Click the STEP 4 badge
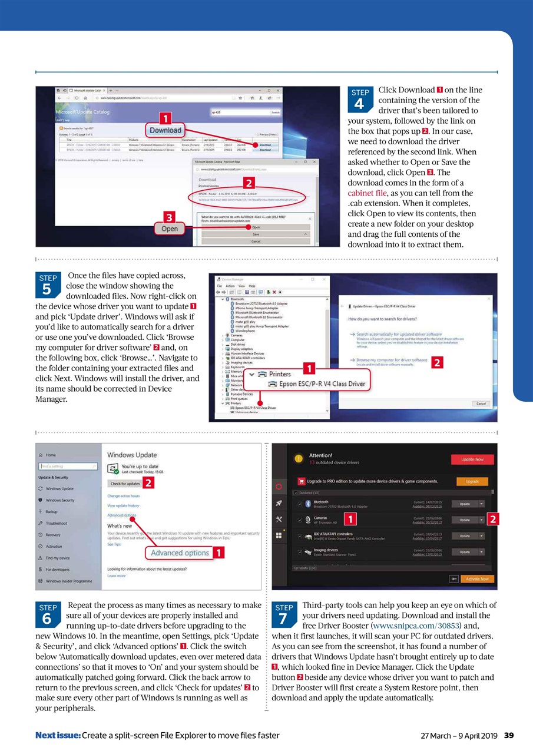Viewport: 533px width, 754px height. point(360,100)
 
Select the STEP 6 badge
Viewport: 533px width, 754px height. point(48,614)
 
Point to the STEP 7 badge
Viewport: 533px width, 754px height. point(284,614)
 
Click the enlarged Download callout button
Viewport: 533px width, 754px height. point(165,130)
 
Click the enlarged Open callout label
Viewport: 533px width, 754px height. point(170,229)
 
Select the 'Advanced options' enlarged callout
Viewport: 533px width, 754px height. point(180,553)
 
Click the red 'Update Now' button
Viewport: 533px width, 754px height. point(472,459)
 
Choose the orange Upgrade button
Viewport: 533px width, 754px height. point(472,481)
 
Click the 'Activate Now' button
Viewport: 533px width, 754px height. point(477,579)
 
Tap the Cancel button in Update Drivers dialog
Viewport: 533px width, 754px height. point(481,404)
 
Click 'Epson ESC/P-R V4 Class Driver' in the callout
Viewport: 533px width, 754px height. point(322,384)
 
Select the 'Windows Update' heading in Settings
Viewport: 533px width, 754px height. point(132,455)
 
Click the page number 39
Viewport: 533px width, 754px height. point(509,735)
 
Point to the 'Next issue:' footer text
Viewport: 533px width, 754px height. point(58,735)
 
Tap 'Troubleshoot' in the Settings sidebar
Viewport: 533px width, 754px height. point(56,523)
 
